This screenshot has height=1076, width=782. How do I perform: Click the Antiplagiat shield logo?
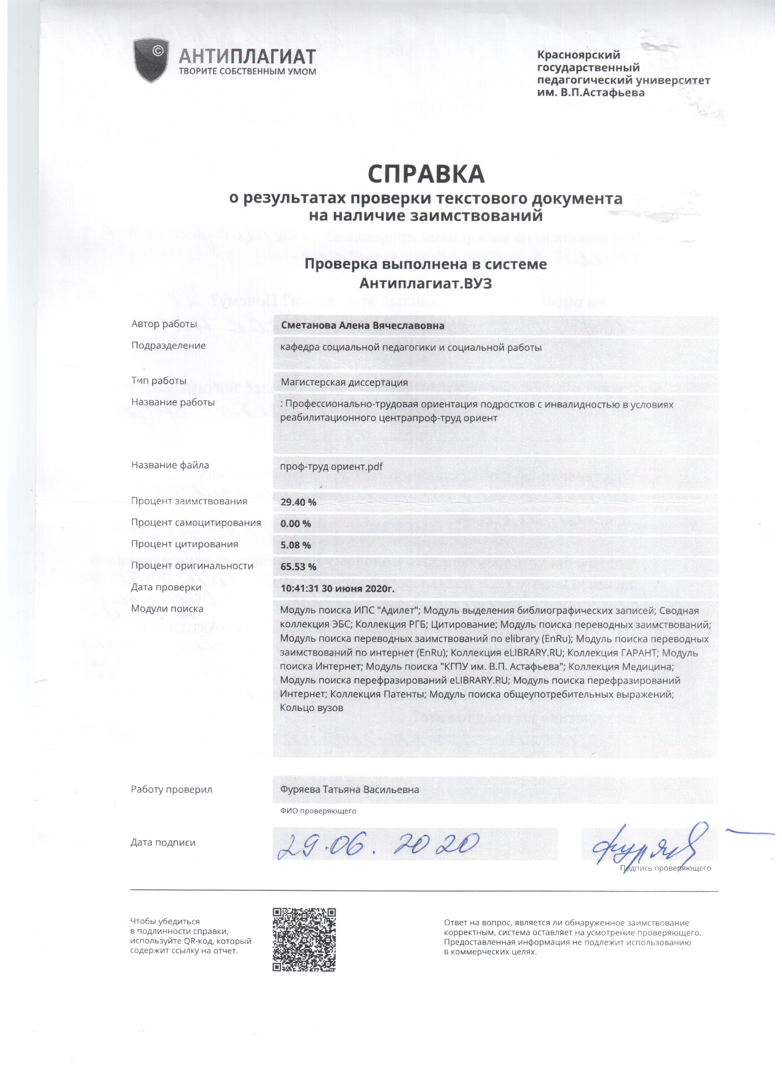click(x=151, y=60)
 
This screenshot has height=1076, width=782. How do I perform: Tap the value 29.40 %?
click(x=298, y=502)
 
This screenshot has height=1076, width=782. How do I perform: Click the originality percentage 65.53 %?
click(x=298, y=567)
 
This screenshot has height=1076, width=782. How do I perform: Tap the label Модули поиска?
click(x=167, y=609)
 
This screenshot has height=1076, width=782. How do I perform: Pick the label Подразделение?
click(x=168, y=345)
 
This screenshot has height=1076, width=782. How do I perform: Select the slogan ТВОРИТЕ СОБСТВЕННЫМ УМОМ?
click(x=247, y=72)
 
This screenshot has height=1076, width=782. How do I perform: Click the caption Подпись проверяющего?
click(x=665, y=868)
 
